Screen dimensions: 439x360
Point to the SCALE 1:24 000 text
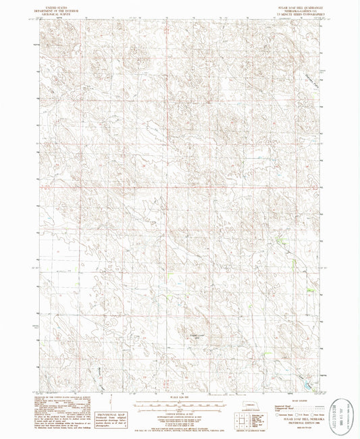[180, 396]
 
